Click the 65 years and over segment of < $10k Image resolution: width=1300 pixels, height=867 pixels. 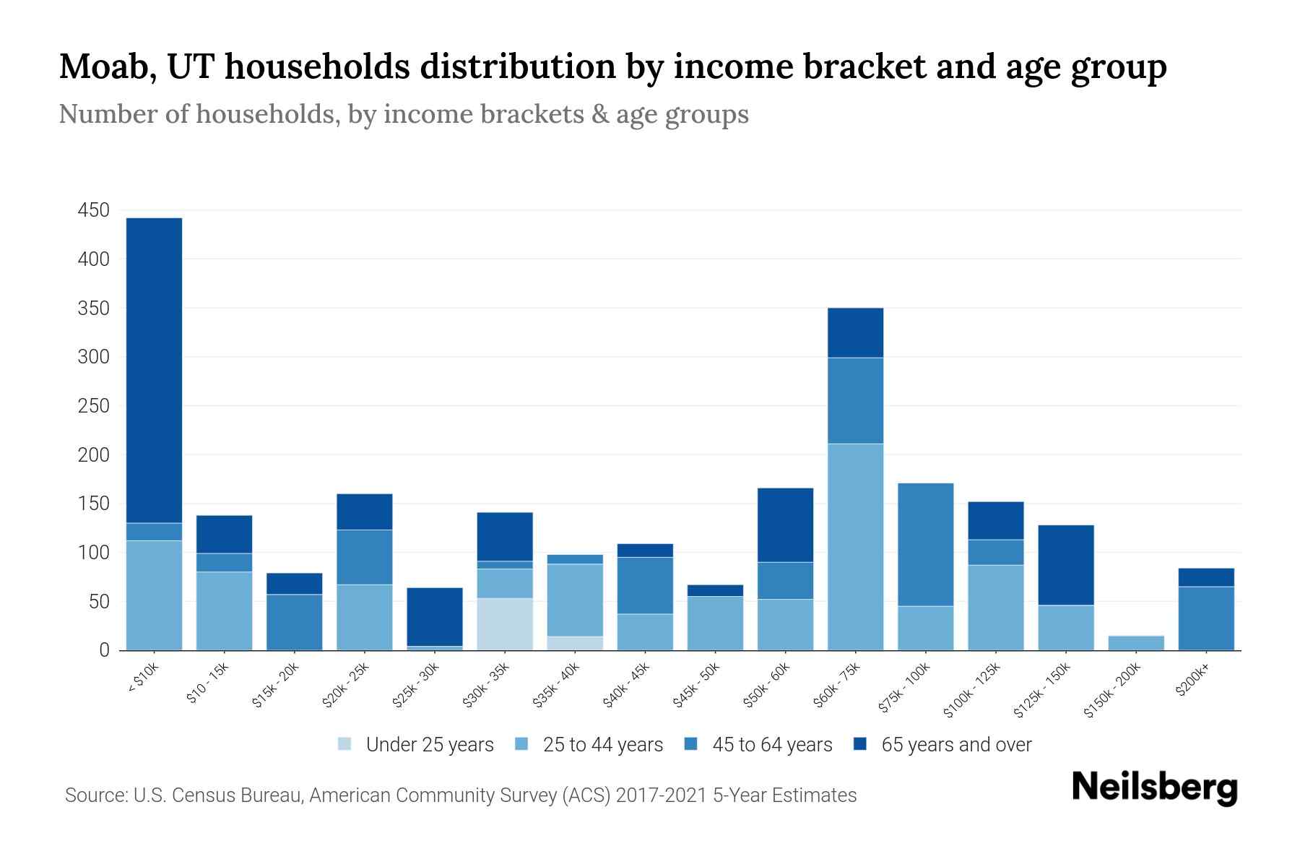[x=154, y=370]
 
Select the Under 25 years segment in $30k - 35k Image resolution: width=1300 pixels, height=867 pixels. [x=505, y=624]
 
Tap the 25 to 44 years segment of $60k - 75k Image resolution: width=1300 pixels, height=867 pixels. [x=855, y=547]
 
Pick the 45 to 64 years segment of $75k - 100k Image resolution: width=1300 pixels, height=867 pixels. [x=925, y=545]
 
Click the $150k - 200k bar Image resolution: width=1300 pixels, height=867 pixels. [x=1135, y=643]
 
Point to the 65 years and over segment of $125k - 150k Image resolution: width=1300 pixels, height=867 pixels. [x=1065, y=565]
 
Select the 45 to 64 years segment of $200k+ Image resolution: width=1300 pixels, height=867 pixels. [x=1205, y=618]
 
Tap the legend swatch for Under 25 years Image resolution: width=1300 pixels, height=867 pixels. [x=345, y=744]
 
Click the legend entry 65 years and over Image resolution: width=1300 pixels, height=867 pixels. [x=955, y=745]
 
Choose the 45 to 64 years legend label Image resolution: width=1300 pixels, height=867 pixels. [x=771, y=745]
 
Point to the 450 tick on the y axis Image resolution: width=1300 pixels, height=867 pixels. [x=93, y=210]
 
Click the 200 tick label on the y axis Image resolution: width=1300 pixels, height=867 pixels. [x=93, y=454]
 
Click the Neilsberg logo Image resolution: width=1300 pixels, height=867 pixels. [x=1154, y=788]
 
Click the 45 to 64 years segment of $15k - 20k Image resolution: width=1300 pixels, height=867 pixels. [x=295, y=622]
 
